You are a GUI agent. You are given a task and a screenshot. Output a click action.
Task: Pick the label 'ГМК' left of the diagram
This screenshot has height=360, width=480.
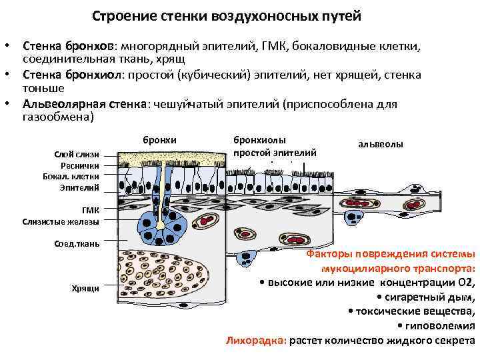[x=90, y=211]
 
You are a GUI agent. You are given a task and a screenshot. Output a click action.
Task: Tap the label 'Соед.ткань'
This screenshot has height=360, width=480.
[x=77, y=243]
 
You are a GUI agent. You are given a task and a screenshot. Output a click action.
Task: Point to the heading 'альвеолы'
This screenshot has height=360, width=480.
[x=381, y=144]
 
